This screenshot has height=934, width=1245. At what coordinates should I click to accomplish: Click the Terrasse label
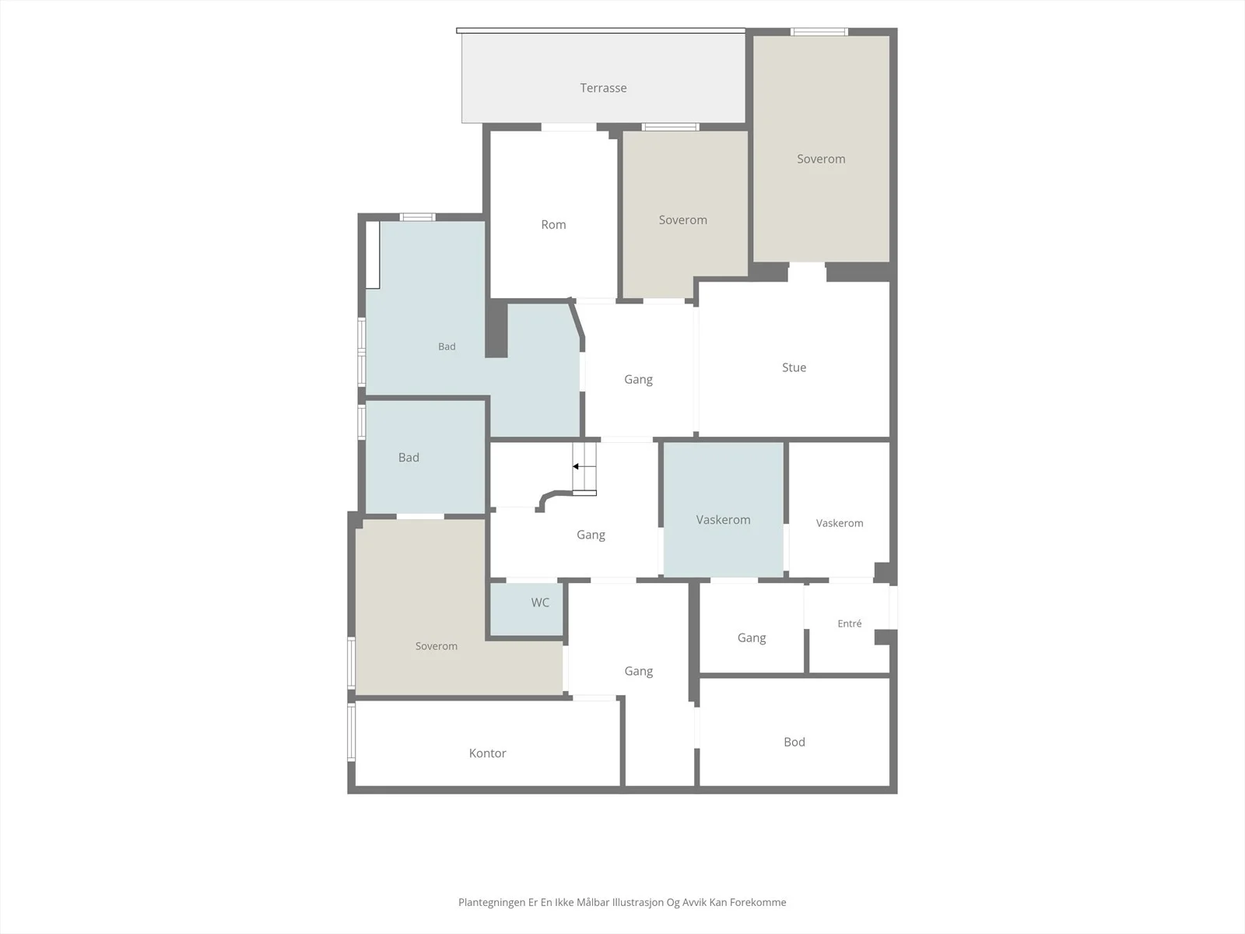click(x=603, y=88)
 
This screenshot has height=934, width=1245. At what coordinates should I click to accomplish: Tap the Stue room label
click(x=794, y=367)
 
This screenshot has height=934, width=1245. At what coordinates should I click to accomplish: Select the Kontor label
click(x=487, y=753)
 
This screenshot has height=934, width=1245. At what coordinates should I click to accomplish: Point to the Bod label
click(x=794, y=742)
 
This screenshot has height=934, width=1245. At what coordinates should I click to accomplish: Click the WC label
click(x=540, y=602)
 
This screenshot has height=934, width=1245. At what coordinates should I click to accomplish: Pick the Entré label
click(x=849, y=623)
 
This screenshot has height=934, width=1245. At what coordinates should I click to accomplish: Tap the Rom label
click(x=553, y=225)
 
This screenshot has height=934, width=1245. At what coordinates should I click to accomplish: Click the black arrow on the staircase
click(x=584, y=467)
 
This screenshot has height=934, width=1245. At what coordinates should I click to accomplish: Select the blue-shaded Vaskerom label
click(x=723, y=519)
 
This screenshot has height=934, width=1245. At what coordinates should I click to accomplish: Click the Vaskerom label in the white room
click(x=840, y=523)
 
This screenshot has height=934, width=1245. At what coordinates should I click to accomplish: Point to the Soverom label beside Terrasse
click(x=821, y=159)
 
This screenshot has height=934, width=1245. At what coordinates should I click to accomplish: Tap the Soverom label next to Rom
click(x=683, y=220)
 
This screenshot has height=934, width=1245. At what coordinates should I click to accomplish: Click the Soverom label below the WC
click(x=437, y=646)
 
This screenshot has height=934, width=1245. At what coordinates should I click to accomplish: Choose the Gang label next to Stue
click(x=638, y=379)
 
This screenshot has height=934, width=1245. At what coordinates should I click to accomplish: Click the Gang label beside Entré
click(x=752, y=638)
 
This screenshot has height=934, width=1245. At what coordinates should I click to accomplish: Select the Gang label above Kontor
click(x=638, y=672)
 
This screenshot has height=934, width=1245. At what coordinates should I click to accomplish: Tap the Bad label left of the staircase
click(x=409, y=458)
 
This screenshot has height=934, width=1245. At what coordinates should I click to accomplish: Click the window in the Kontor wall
click(x=351, y=732)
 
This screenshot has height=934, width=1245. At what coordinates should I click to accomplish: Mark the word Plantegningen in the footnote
click(x=492, y=902)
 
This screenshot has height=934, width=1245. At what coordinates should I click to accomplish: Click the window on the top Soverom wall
click(x=819, y=32)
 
